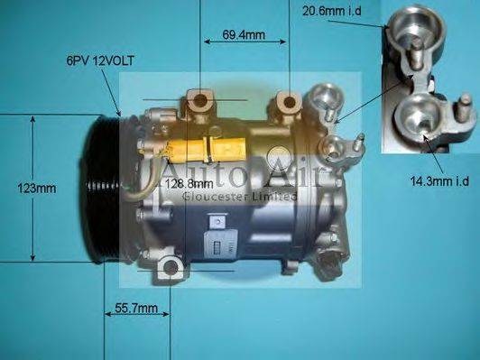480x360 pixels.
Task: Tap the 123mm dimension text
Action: (36, 189)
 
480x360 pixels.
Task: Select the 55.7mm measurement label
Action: (137, 309)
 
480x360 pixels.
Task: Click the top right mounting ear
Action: (289, 103)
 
